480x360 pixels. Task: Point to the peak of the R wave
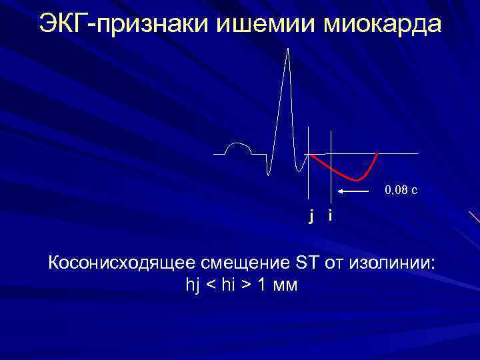pos(288,50)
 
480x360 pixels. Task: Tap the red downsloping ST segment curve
pos(333,168)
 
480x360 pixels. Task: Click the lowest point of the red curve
pos(358,180)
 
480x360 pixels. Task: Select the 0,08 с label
pos(401,191)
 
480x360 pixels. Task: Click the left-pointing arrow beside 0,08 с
pos(353,191)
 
